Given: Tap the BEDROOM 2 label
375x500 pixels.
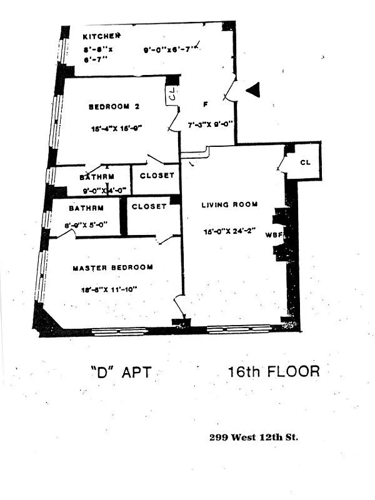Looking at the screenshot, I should [x=113, y=107].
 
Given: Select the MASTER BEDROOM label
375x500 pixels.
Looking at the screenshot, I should [x=112, y=267].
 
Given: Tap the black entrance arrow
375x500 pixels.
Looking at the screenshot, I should [x=252, y=91].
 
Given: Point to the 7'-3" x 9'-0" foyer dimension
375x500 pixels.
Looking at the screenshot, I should [x=211, y=124].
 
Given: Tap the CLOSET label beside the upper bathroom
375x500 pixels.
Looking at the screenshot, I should [x=157, y=176].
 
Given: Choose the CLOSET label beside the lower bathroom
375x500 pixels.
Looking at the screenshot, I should [x=149, y=206].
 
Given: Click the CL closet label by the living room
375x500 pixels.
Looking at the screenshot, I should [x=305, y=162].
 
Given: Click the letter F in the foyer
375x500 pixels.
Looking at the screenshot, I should [x=206, y=103].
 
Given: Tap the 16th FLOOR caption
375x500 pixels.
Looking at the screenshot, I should [x=274, y=371].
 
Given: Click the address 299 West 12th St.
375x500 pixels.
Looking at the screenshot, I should [x=253, y=437].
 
